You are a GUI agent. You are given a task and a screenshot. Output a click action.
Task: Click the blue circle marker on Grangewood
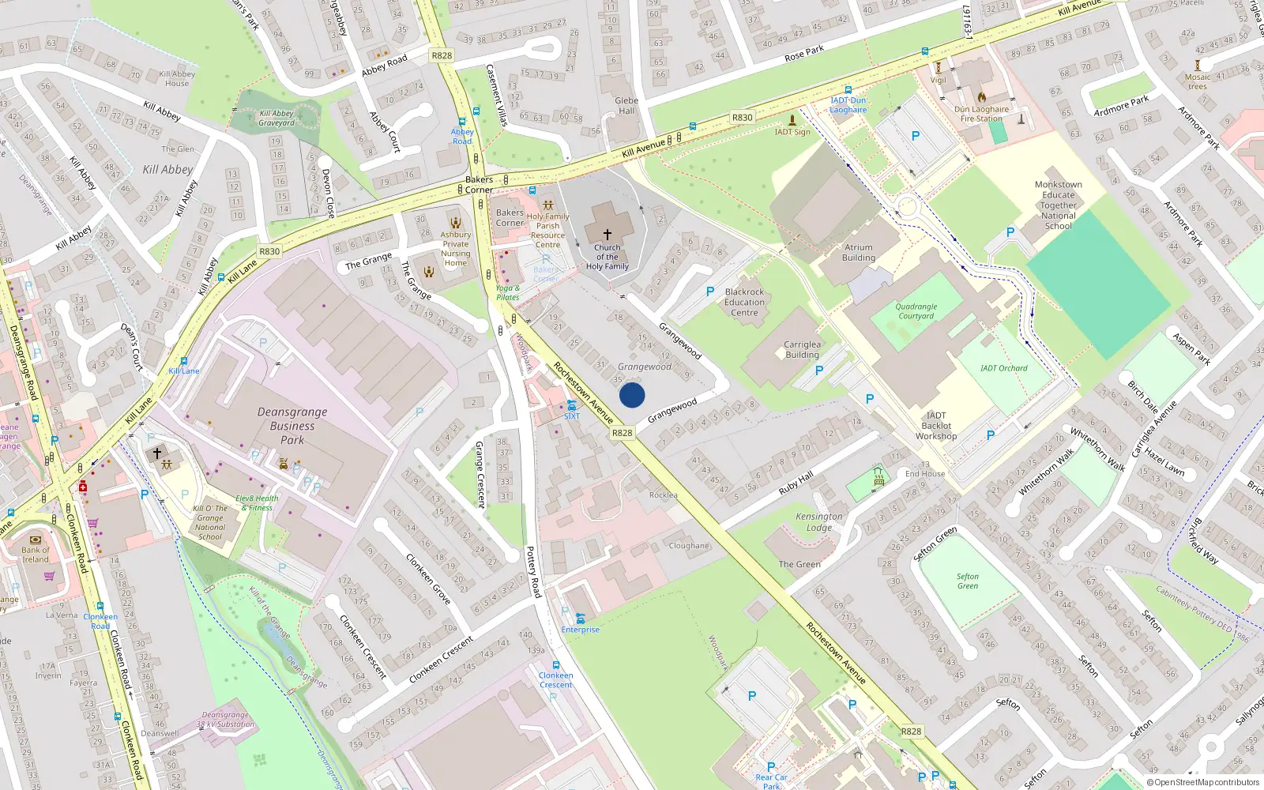click(632, 395)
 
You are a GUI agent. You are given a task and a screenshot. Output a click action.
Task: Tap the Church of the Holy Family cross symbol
click(607, 235)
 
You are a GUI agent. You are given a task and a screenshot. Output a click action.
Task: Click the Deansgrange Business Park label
click(292, 426)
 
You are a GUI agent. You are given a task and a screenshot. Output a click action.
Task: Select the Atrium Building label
click(858, 253)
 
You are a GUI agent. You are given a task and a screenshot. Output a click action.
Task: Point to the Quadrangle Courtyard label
click(916, 311)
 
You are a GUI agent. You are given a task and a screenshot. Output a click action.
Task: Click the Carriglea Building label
click(802, 350)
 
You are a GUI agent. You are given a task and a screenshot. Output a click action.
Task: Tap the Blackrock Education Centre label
click(744, 303)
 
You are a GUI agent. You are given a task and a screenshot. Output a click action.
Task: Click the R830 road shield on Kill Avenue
click(742, 118)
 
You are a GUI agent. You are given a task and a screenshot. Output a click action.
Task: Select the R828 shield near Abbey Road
click(442, 55)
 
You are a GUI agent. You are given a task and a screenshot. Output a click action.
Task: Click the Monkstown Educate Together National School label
click(1058, 205)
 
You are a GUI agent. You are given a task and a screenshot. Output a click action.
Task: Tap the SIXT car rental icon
click(571, 405)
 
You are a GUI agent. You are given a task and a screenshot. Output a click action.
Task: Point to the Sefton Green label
click(967, 581)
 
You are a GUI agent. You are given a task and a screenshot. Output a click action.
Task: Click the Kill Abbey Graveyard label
click(276, 118)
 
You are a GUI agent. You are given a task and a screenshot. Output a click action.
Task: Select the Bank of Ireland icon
click(35, 540)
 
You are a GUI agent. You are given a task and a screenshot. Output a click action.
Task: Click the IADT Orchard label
click(1003, 368)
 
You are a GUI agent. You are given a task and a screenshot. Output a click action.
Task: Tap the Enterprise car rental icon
click(581, 619)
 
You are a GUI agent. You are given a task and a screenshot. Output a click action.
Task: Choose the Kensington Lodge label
click(819, 522)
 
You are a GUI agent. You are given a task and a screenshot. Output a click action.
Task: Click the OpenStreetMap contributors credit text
click(1206, 783)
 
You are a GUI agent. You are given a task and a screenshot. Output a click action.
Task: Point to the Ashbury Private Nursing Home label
click(455, 248)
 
